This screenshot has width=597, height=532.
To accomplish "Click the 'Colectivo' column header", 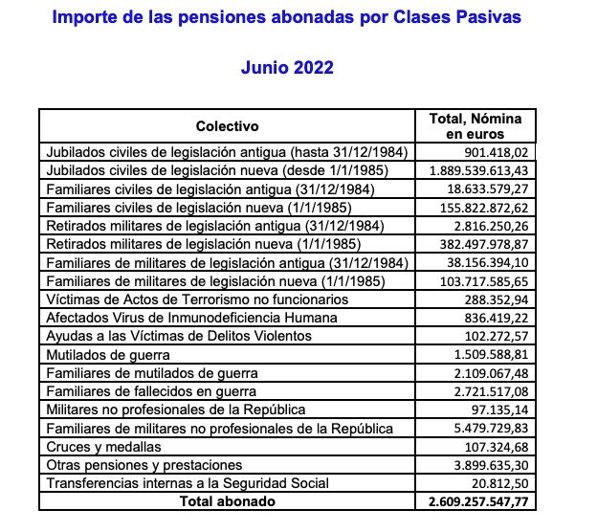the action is click(227, 127).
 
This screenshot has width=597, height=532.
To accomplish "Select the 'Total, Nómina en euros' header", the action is click(475, 127).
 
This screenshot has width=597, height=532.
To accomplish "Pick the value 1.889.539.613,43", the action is click(476, 170).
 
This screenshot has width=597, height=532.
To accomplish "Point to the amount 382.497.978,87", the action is click(480, 244).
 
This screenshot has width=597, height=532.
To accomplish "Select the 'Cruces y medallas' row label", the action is click(103, 447).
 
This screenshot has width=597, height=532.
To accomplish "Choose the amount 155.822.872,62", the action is click(480, 208).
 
